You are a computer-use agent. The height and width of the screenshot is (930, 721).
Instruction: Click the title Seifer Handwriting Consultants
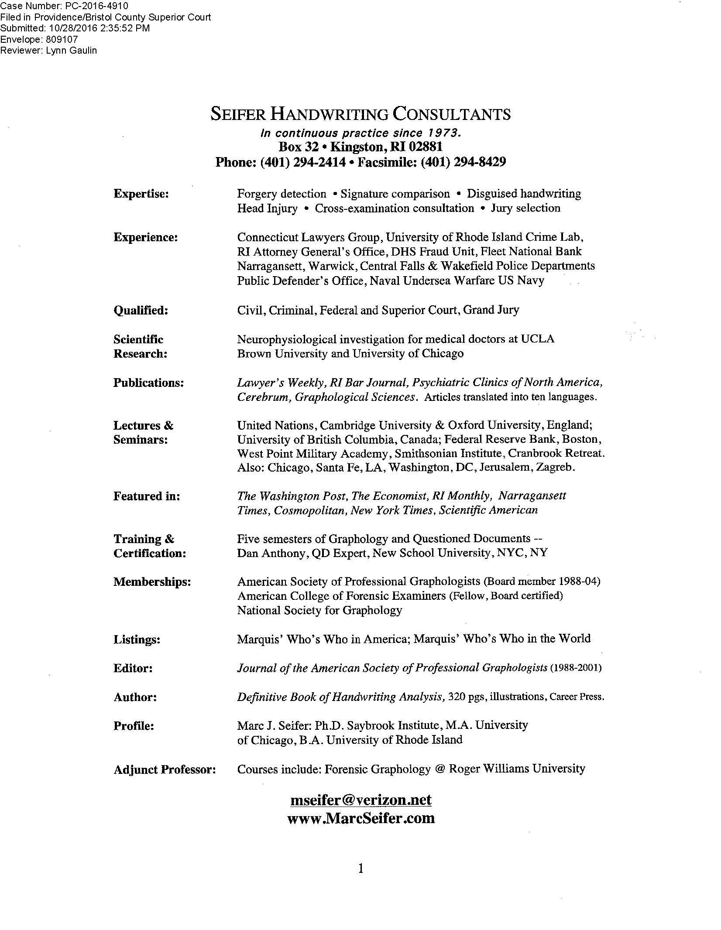click(360, 114)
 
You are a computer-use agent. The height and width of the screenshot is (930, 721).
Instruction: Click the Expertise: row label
click(141, 194)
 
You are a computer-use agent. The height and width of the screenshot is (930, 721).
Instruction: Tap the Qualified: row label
click(141, 311)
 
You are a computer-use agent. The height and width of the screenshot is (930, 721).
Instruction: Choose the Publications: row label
click(148, 383)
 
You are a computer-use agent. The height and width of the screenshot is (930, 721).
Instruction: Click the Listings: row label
click(137, 640)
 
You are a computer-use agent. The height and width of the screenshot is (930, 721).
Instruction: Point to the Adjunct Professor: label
click(165, 769)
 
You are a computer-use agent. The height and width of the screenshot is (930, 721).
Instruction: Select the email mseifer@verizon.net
click(360, 800)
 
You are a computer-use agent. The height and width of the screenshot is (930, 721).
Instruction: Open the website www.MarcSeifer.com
click(361, 818)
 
